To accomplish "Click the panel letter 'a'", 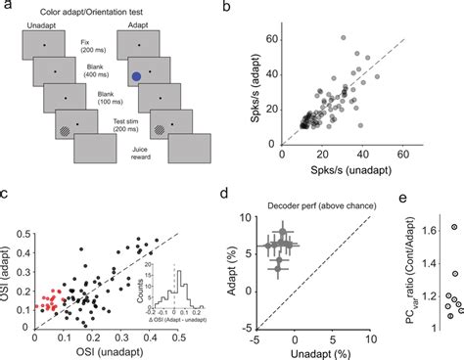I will coord(6,8).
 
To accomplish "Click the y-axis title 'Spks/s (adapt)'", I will coord(260,76).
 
